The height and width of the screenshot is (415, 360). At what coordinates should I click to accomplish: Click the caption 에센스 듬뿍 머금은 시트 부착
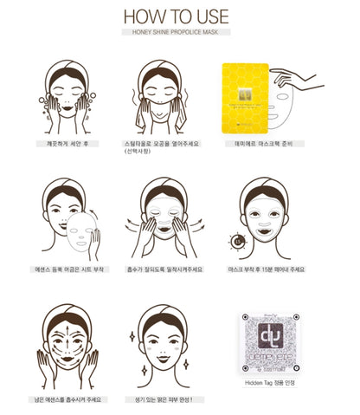pyautogui.click(x=63, y=269)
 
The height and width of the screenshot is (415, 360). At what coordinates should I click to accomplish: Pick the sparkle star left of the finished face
pyautogui.click(x=132, y=334)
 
